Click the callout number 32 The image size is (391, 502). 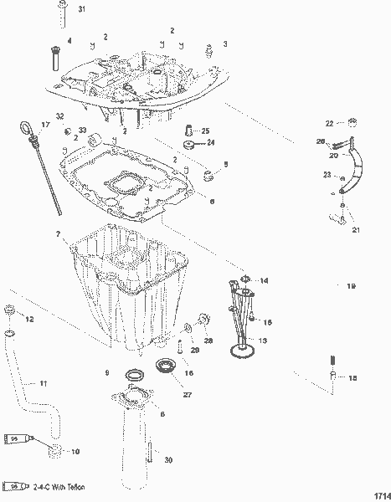[59, 115]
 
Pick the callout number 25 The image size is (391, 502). [206, 131]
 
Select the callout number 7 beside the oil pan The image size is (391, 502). [58, 233]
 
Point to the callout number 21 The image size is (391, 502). [355, 230]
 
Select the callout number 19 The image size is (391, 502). [351, 286]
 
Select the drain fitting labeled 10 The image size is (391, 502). [55, 453]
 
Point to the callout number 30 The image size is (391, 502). [168, 459]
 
